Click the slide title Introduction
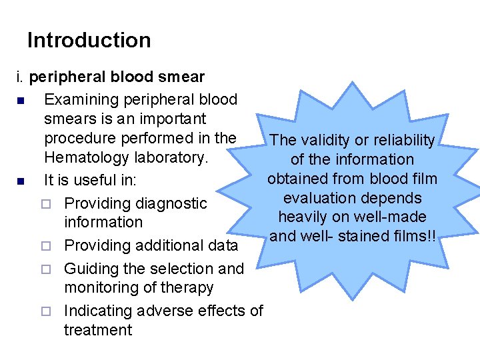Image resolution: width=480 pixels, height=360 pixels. (x=89, y=40)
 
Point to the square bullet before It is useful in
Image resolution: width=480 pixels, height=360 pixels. (x=22, y=181)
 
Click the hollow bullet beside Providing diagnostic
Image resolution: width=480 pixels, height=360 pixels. (x=46, y=203)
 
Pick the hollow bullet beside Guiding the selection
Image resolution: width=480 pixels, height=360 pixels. (x=46, y=269)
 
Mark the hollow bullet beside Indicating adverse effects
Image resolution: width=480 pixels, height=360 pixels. (x=46, y=311)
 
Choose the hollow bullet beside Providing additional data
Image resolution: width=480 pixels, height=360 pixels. (x=46, y=246)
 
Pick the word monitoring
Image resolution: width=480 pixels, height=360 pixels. (x=100, y=288)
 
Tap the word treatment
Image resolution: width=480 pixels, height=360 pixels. (x=98, y=330)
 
